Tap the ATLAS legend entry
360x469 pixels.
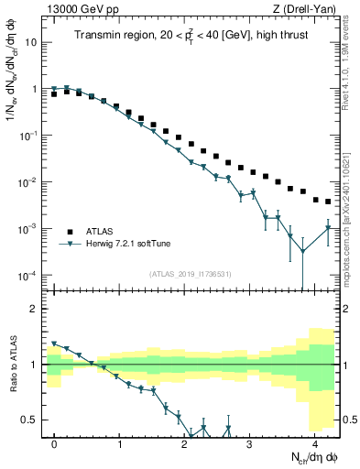102,232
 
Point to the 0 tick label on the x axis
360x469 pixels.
55,443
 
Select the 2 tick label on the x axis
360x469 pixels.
185,443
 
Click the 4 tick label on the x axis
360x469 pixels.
314,443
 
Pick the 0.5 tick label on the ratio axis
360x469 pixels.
30,420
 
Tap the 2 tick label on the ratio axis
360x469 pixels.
36,309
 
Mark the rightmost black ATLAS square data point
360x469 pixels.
328,202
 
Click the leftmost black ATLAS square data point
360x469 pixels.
55,94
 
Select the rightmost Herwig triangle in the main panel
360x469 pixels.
328,228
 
